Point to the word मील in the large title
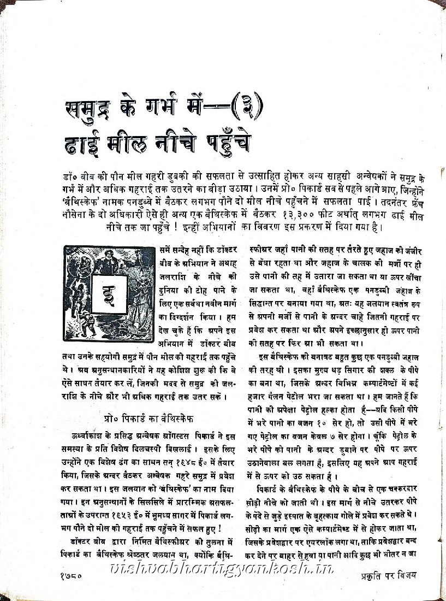click(129, 144)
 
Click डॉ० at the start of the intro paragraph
click(69, 180)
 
